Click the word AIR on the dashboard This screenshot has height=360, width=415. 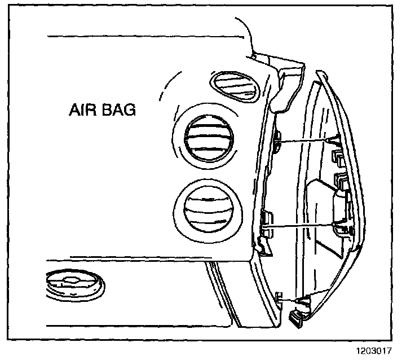click(81, 109)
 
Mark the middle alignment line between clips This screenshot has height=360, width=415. click(302, 226)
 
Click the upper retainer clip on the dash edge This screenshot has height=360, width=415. click(278, 141)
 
